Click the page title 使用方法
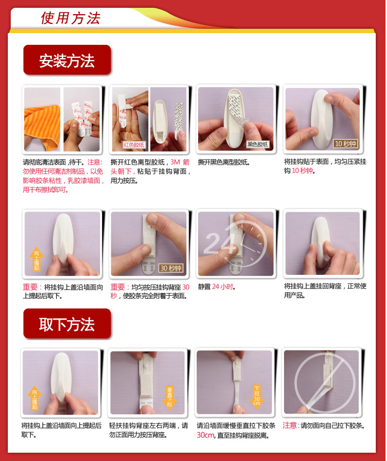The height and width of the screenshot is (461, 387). [x=71, y=18]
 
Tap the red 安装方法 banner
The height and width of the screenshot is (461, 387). [x=67, y=59]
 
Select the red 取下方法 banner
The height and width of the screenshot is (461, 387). [x=67, y=324]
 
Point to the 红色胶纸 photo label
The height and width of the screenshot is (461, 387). [x=134, y=144]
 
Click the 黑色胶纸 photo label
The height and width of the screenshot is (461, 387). [x=257, y=144]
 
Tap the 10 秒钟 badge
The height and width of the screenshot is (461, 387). [x=346, y=143]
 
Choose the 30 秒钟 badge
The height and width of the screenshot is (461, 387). [x=171, y=268]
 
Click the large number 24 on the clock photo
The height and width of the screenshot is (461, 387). [x=220, y=243]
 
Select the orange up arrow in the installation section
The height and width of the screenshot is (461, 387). [x=37, y=259]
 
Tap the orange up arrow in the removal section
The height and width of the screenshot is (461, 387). [x=35, y=398]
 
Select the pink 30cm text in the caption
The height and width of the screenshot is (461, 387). [x=205, y=435]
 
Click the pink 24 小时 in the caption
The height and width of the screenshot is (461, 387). [x=223, y=287]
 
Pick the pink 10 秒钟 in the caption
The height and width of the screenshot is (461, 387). [x=302, y=171]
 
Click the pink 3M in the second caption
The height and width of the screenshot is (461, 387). [x=175, y=162]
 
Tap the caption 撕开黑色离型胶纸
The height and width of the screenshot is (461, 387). [x=224, y=162]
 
